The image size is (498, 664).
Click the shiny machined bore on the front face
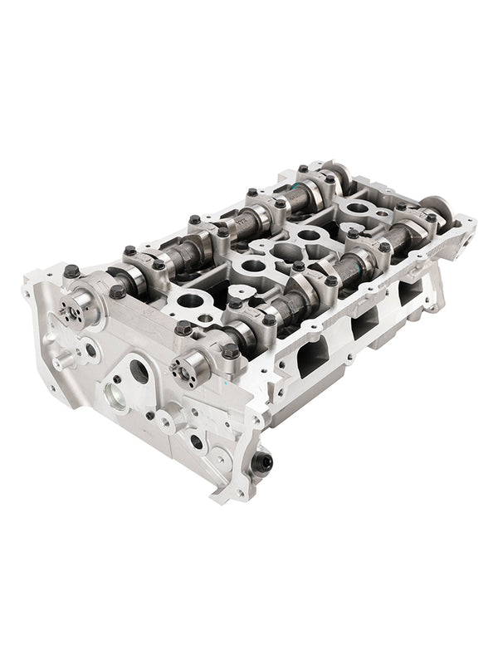pos(115,397)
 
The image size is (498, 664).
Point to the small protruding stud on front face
pos(61,362)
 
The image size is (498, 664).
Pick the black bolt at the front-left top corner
pos(71,271)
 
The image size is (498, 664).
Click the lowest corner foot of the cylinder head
pos(220,496)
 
